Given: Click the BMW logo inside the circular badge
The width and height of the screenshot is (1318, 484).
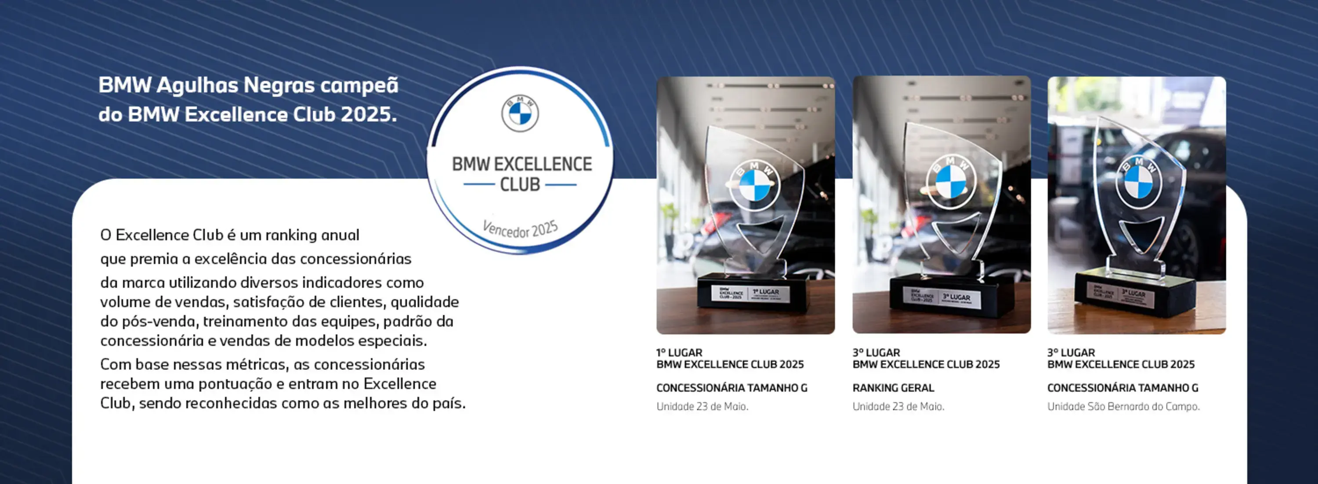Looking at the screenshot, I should tap(520, 113).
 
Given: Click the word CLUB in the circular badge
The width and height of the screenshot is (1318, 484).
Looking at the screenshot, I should tap(520, 184).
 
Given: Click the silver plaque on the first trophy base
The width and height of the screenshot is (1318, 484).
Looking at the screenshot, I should tap(750, 294).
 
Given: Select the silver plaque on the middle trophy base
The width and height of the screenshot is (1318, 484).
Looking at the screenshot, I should tap(942, 297).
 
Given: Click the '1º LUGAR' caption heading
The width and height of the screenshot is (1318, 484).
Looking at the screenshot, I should tap(680, 352).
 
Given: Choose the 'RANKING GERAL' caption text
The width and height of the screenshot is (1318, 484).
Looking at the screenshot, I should tap(893, 388).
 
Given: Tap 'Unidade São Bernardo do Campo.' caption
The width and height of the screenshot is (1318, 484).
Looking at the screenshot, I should tap(1123, 406).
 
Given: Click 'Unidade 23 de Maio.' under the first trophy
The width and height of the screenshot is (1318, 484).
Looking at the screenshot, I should tap(702, 406).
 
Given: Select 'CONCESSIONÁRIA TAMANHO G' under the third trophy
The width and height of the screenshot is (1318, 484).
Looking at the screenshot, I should tap(1122, 388).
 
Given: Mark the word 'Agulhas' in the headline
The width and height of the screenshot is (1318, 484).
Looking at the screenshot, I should tap(196, 85).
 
